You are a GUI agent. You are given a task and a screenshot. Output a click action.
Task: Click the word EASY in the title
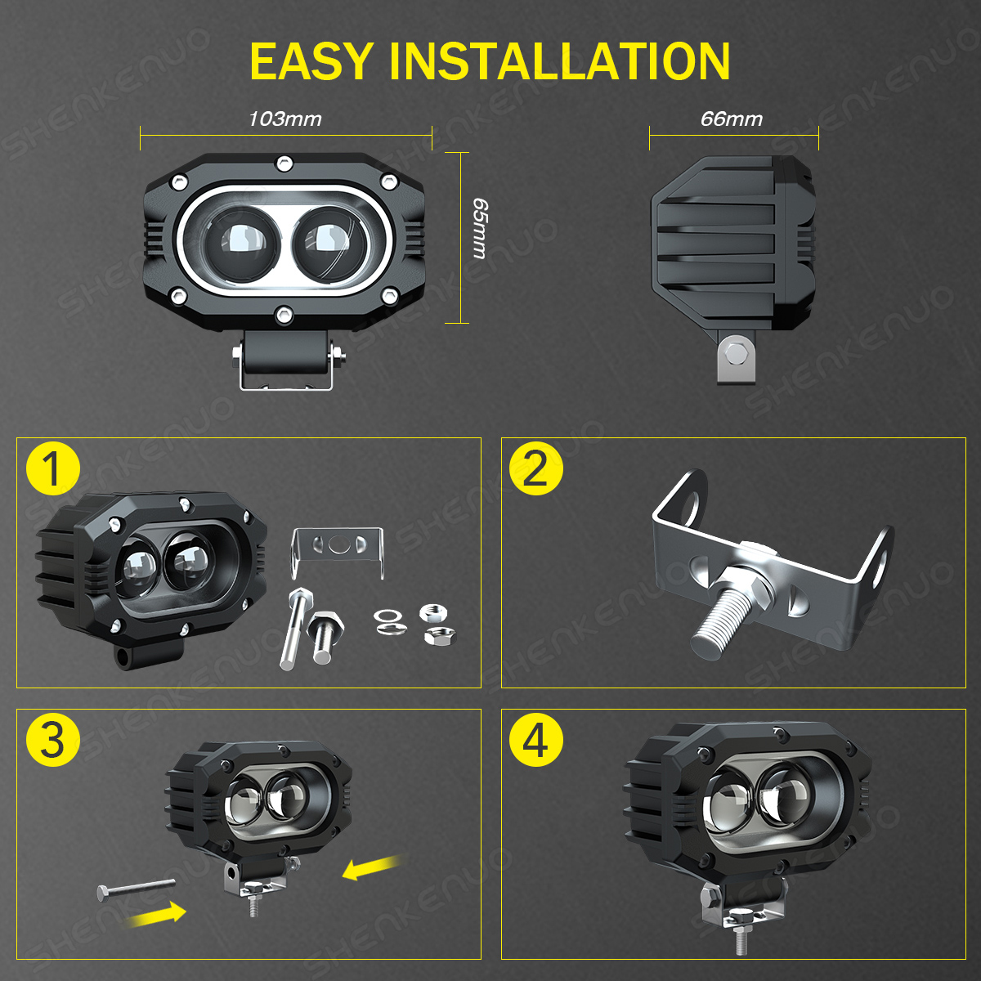312,61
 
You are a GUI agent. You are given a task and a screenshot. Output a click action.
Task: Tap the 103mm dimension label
285,119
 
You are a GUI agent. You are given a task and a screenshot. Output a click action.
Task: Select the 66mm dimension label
732,119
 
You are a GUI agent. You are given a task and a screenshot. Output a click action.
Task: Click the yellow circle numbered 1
53,469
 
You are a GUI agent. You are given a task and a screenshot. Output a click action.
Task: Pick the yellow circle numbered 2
536,469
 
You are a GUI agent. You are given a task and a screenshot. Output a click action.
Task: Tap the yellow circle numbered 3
53,740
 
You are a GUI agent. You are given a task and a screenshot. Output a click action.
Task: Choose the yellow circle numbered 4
536,740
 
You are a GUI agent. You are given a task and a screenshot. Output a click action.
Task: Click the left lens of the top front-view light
242,244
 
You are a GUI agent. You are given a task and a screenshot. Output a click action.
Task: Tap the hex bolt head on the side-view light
733,353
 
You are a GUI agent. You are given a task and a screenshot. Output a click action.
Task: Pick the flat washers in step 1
390,622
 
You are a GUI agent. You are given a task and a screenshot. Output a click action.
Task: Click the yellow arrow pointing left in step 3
374,867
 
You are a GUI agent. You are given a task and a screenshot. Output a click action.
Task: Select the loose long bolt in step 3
136,889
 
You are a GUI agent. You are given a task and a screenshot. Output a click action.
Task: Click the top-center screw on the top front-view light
284,164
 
